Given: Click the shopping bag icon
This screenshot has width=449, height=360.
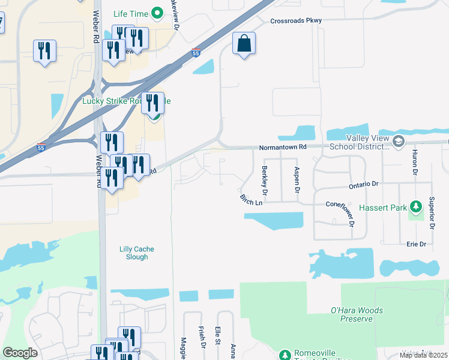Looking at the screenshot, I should point(244,43).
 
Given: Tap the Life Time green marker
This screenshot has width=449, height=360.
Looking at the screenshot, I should point(157,12).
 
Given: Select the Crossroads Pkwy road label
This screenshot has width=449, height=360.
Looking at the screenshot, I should point(296,20).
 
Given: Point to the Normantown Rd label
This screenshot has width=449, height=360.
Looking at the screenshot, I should point(283,147).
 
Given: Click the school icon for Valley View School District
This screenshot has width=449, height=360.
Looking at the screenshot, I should point(399,142).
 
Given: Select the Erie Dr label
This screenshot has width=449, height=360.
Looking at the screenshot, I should point(415,244).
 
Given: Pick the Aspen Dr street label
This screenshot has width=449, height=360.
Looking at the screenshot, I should point(297,179).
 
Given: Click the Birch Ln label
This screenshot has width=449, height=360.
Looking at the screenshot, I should point(251,200).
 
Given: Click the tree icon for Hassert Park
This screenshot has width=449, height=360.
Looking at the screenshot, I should point(416,208).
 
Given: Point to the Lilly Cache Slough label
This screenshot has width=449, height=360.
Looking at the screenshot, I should point(133,252).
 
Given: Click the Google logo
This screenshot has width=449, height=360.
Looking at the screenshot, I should point(20,353).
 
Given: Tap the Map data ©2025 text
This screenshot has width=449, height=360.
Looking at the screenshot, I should point(423,355).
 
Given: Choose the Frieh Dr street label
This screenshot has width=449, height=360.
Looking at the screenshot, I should point(202,337).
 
